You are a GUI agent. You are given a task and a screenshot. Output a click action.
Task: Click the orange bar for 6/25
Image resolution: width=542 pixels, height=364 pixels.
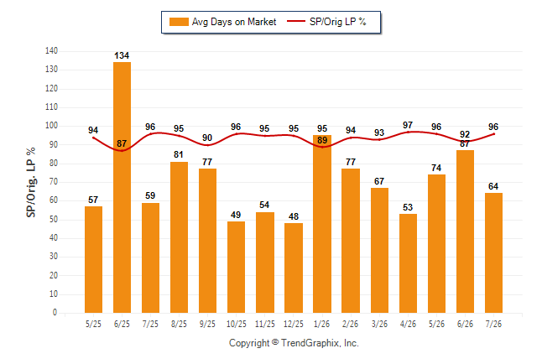coord(122,187)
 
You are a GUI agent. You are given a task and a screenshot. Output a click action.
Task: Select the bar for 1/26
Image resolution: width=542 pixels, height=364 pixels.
coord(322,224)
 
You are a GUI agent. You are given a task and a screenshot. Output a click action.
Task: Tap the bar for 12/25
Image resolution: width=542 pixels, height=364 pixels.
coord(294,268)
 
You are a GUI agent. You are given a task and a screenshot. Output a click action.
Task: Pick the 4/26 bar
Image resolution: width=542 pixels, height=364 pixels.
coord(408,263)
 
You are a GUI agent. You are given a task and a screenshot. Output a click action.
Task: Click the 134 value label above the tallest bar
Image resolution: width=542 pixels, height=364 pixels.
coord(122,55)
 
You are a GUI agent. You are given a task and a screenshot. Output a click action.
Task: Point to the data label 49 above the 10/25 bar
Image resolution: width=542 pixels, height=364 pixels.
coord(236,215)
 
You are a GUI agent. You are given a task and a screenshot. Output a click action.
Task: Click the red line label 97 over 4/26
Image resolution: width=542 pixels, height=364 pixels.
coord(408,125)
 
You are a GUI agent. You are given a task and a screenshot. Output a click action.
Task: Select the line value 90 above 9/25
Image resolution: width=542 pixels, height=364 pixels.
coord(207,138)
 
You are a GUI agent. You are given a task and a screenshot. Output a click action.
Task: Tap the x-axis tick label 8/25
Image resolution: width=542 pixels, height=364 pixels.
coord(179,324)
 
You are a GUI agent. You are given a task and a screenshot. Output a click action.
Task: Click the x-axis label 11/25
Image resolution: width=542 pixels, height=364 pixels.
coord(265,324)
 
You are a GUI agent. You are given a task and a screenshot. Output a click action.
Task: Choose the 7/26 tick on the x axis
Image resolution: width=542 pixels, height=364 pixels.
coord(493,324)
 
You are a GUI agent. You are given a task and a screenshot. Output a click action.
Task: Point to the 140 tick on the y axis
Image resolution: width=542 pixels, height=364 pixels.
coord(51,51)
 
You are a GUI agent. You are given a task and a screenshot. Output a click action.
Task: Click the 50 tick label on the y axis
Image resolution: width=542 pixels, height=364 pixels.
coord(53,220)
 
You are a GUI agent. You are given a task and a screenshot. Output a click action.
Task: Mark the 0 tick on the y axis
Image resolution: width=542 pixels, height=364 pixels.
coord(55,313)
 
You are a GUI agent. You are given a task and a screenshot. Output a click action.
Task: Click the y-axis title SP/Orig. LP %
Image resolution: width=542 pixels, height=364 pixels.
coord(31,183)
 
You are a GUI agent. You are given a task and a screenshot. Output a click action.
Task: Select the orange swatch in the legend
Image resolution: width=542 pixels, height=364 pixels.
coord(179,22)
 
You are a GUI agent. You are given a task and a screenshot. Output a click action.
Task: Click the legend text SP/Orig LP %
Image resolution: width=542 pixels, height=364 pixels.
coord(338,22)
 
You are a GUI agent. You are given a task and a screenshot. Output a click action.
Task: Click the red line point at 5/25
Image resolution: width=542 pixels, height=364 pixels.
coord(93,138)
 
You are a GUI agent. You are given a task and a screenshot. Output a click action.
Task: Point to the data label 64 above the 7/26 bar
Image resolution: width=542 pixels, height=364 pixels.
coord(493,187)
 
